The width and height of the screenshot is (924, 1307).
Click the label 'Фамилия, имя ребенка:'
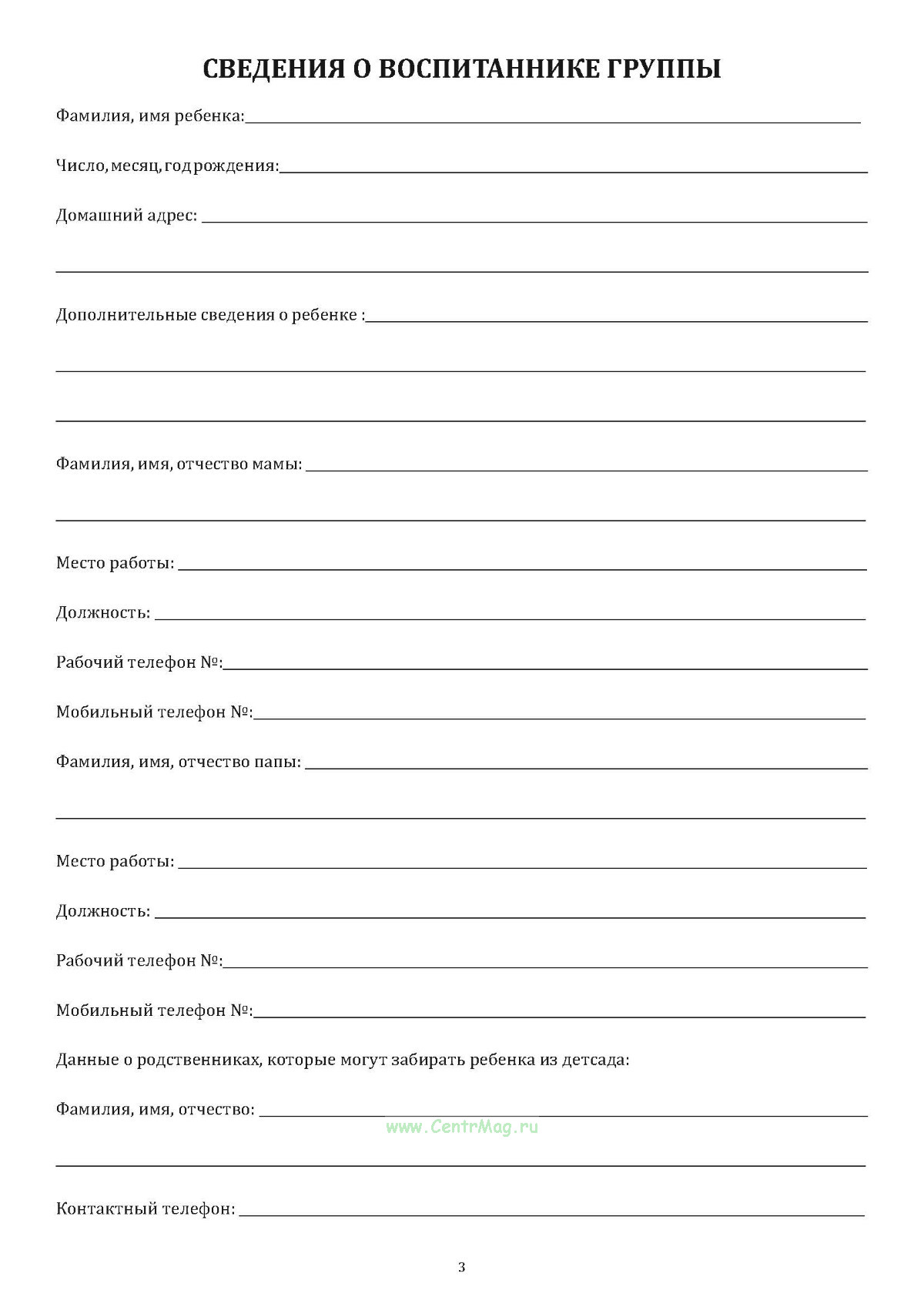(150, 116)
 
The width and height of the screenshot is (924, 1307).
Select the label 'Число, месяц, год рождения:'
(167, 166)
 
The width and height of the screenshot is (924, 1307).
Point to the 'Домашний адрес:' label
(126, 216)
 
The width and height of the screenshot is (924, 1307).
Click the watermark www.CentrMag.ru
(462, 1127)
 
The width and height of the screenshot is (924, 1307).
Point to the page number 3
(462, 1267)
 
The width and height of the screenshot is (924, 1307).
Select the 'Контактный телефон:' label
(146, 1209)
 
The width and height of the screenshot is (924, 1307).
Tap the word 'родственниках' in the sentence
(199, 1060)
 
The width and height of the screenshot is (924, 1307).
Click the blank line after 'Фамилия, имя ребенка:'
(552, 121)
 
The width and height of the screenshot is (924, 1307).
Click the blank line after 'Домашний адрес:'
(534, 221)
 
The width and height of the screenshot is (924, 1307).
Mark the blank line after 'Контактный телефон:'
(551, 1215)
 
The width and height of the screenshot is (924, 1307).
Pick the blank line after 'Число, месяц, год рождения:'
(574, 171)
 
